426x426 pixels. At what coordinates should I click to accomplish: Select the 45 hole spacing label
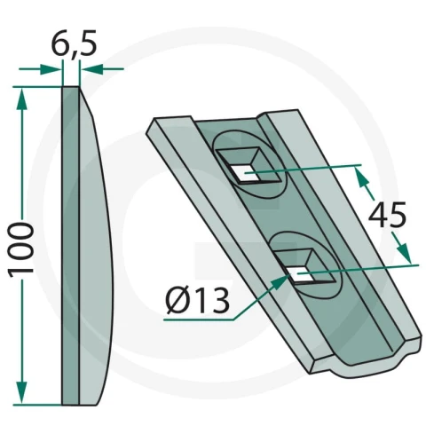tap(387, 215)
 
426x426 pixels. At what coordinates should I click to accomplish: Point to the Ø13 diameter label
tap(197, 301)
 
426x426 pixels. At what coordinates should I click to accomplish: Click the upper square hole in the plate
tap(247, 175)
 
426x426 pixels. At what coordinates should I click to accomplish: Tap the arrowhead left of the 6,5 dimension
tap(51, 69)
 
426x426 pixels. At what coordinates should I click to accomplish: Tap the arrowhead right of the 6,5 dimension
tap(92, 69)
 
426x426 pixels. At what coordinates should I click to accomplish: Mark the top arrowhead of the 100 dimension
tap(21, 99)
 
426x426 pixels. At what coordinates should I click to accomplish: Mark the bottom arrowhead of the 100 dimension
tap(21, 392)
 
